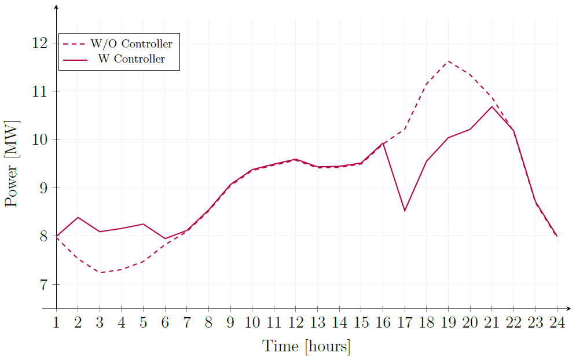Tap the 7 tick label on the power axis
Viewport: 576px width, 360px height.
43,285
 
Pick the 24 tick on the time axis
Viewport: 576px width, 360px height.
557,322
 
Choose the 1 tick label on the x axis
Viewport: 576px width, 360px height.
57,322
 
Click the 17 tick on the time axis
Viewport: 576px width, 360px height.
405,322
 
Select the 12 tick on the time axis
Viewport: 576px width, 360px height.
296,322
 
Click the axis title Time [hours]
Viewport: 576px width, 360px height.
306,346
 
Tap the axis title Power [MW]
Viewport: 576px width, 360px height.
12,164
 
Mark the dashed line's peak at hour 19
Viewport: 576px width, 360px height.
448,61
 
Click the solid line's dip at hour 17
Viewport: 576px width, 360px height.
405,211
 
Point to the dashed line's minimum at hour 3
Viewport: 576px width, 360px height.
100,273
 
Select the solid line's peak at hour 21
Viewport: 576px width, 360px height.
491,106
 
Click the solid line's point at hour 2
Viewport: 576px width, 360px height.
78,217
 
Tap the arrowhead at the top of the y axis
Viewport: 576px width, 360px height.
57,7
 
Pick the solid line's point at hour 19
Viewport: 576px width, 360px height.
448,138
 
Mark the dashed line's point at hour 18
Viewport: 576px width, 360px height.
426,85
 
